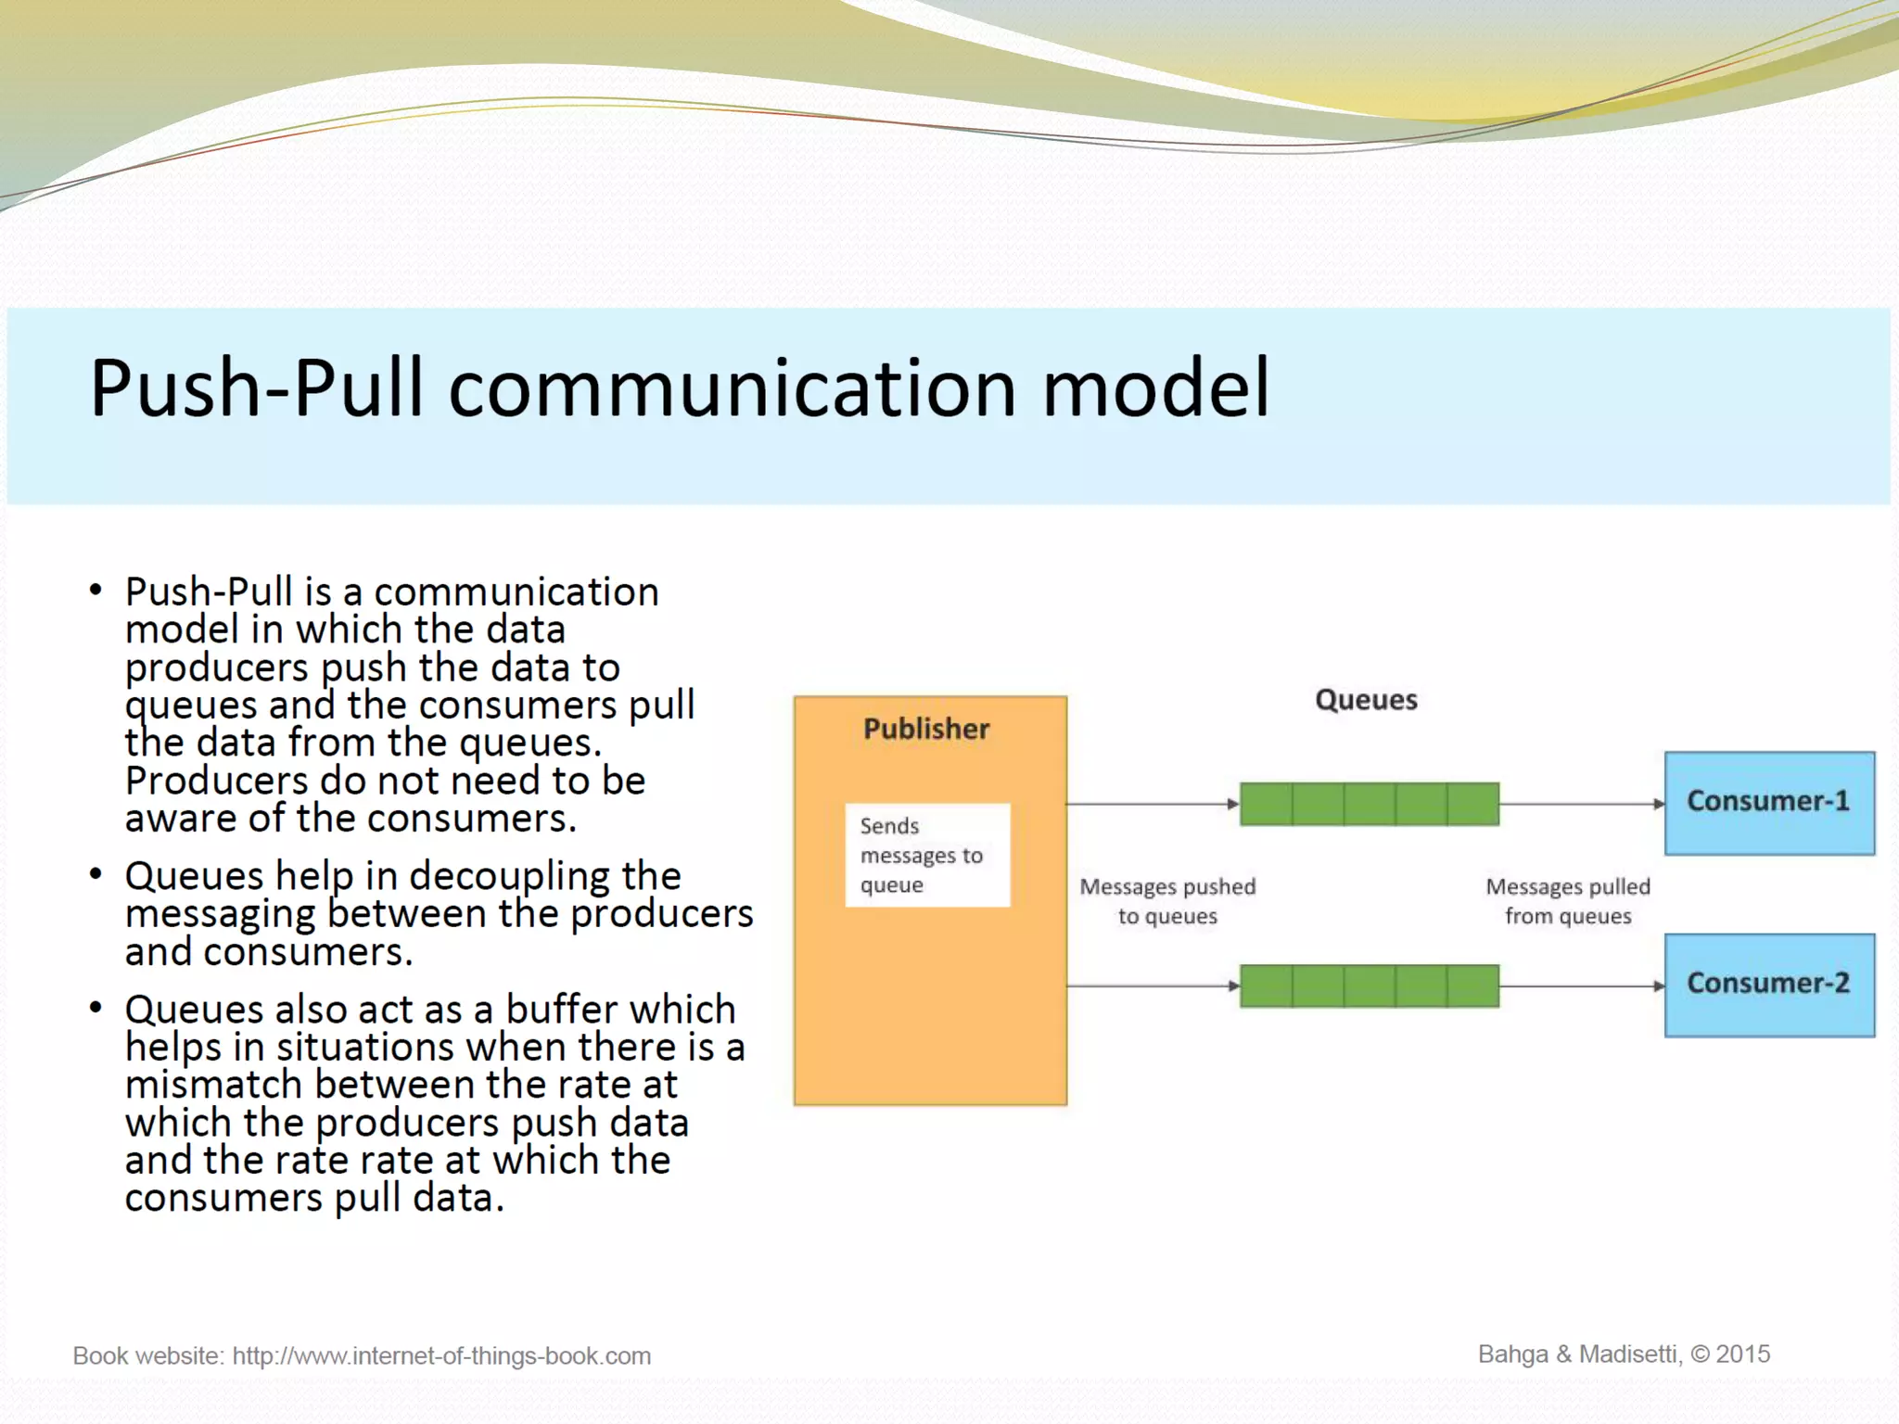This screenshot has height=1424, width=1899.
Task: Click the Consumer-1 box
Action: click(1768, 803)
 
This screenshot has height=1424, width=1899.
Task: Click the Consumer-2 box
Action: click(1768, 985)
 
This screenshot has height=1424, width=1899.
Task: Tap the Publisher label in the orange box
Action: click(925, 730)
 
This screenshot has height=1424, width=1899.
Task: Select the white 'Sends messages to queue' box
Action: click(926, 855)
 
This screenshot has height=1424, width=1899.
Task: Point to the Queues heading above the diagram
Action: click(1366, 700)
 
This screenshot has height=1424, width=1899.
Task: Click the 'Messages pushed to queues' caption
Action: click(1167, 901)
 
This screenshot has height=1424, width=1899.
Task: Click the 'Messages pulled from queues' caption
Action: click(1567, 901)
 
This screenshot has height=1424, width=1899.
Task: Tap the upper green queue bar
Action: click(1369, 804)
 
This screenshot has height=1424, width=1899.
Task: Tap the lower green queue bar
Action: click(1369, 985)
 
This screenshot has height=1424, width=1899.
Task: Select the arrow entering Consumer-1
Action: click(1581, 804)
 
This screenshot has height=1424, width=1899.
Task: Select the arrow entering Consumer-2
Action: click(1581, 985)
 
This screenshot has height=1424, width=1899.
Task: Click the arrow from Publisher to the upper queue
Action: click(1153, 804)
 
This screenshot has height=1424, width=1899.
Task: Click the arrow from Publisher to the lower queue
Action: click(1153, 985)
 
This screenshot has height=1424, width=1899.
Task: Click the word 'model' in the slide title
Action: click(1155, 388)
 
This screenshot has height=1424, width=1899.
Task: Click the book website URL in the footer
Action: click(441, 1356)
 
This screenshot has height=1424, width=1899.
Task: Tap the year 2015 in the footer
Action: click(1742, 1354)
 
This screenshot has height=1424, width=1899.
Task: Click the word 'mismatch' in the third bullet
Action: click(214, 1085)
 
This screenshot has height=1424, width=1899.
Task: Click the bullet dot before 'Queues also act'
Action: click(96, 1007)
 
